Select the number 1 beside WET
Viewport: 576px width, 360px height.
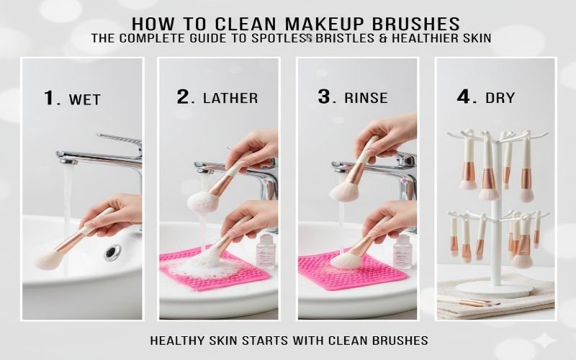[x=50, y=97]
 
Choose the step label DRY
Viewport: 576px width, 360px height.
[x=500, y=99]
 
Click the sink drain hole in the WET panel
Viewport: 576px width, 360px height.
[x=112, y=252]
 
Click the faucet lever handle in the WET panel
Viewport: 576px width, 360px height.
[x=121, y=138]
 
